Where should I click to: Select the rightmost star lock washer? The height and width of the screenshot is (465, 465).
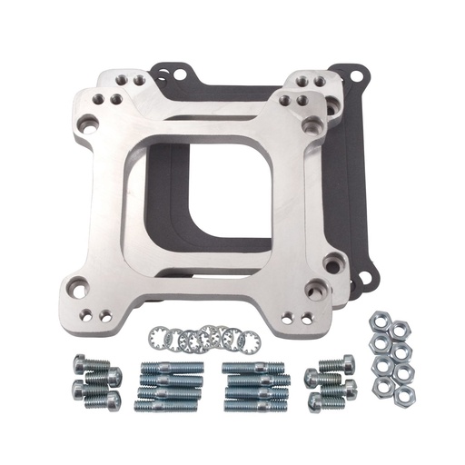coord(250,342)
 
